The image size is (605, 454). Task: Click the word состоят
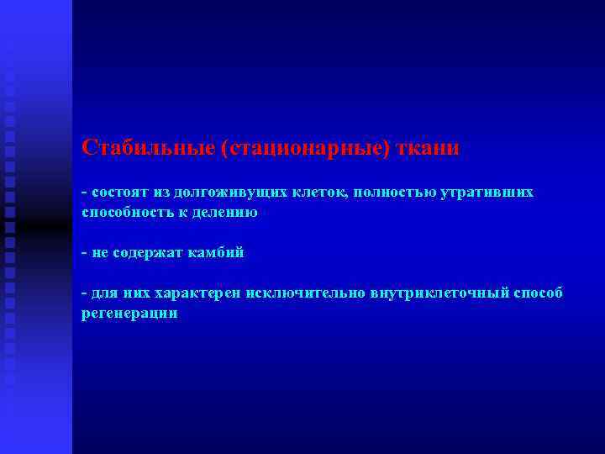[x=117, y=193]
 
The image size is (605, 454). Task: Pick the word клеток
[x=320, y=193]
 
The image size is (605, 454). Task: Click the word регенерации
[x=129, y=314]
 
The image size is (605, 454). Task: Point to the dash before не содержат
[x=84, y=252]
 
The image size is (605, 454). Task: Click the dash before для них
[x=84, y=293]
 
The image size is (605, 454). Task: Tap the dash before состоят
[x=84, y=193]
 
